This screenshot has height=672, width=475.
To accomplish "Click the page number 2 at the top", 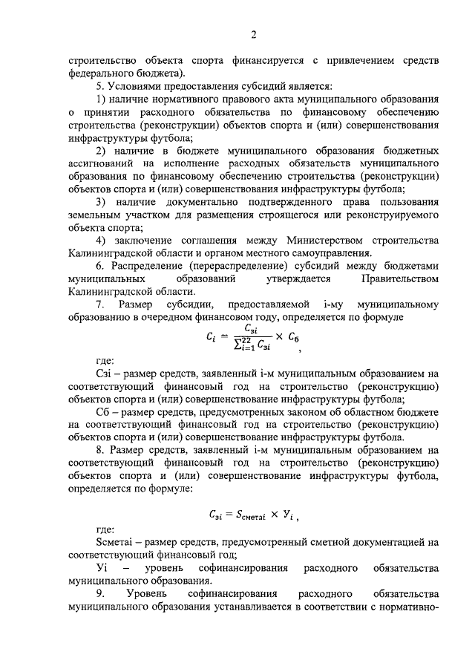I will point(253,35).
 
